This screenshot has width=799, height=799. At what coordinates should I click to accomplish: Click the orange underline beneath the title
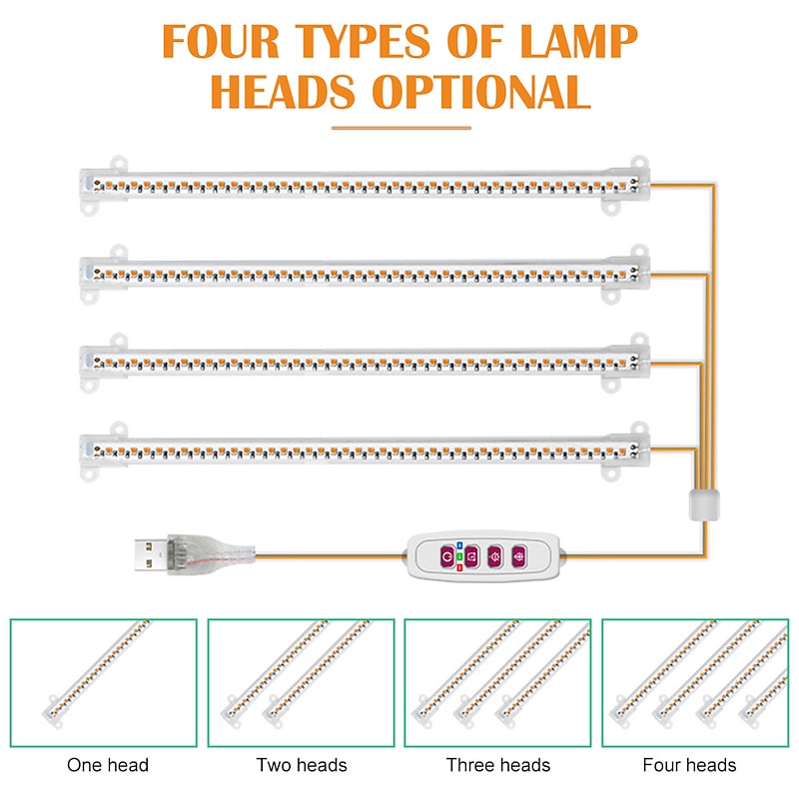[x=399, y=127]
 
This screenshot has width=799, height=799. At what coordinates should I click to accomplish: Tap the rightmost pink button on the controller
[x=517, y=556]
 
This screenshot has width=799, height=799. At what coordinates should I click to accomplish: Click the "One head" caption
[x=108, y=765]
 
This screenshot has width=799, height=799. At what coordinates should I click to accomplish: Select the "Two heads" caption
[x=302, y=765]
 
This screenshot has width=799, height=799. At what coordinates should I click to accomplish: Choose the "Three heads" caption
[x=498, y=765]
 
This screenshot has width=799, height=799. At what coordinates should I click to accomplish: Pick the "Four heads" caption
[x=690, y=765]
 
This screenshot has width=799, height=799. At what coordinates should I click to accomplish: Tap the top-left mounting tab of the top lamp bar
[x=121, y=160]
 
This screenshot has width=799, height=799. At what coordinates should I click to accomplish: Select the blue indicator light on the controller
[x=458, y=545]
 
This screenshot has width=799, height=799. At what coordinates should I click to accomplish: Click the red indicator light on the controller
[x=458, y=567]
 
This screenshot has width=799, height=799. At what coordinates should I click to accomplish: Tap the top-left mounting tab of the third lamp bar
[x=121, y=336]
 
